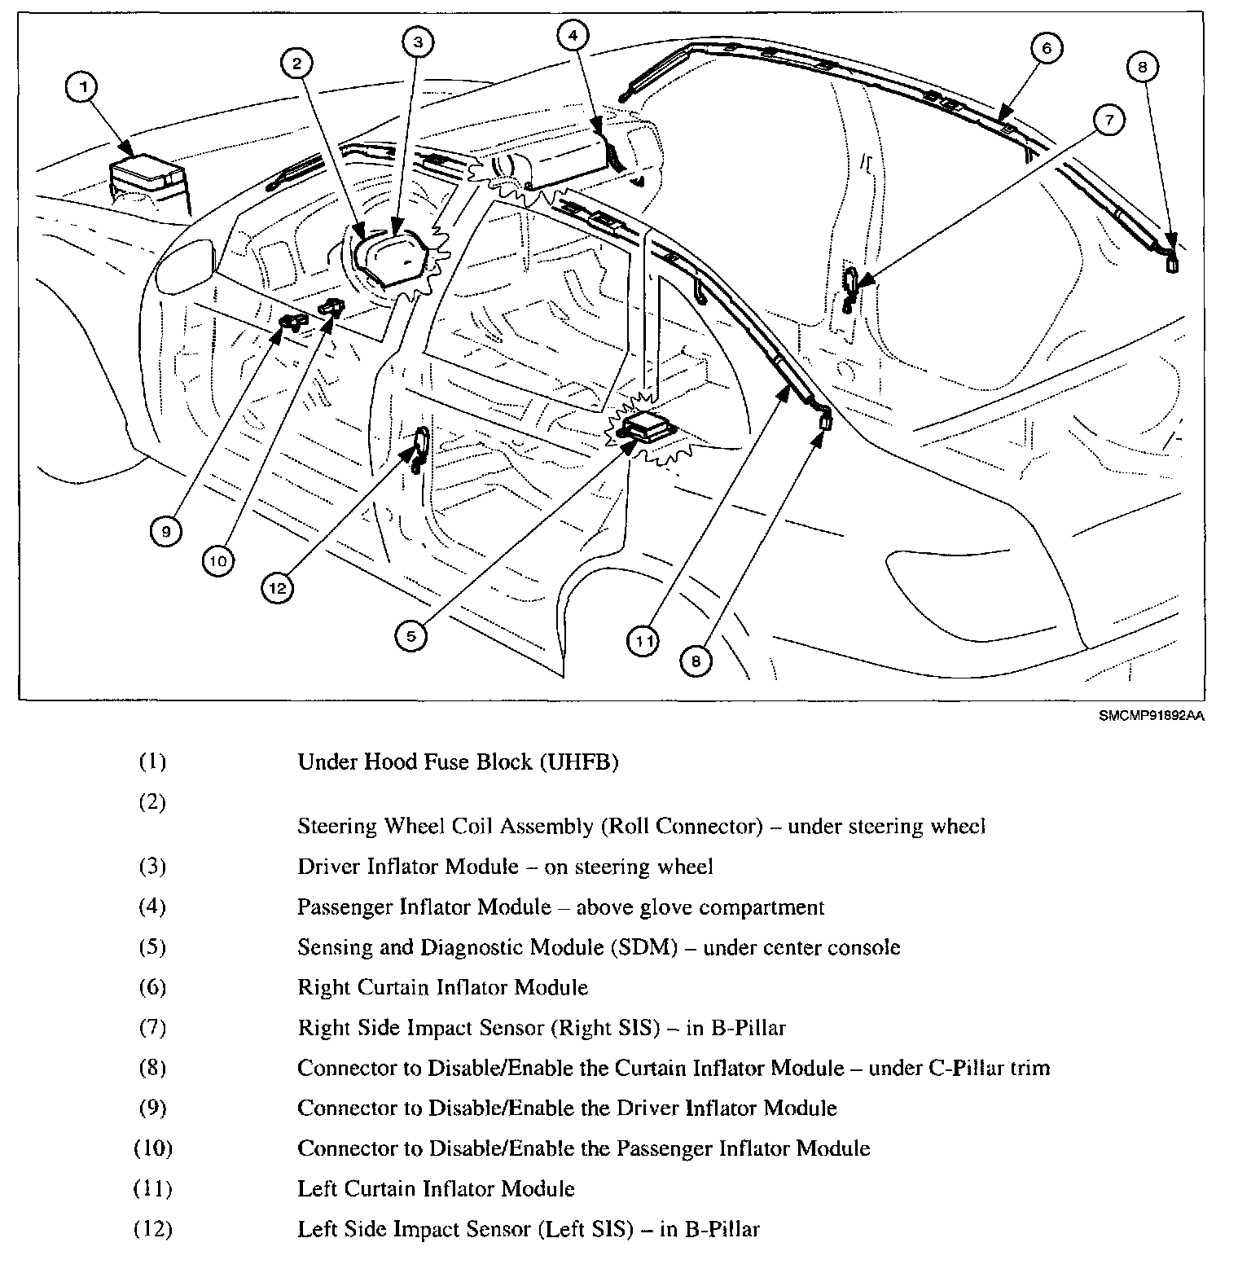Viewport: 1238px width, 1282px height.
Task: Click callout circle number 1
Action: [x=81, y=88]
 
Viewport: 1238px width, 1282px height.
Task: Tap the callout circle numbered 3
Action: [x=417, y=42]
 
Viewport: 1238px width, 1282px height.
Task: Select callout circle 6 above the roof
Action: [x=1047, y=49]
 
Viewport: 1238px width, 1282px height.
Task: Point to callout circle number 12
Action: [x=279, y=587]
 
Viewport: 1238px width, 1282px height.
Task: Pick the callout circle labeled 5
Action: [x=411, y=635]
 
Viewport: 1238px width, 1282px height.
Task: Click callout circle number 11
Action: [x=644, y=641]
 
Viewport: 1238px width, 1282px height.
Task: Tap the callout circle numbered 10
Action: [x=220, y=560]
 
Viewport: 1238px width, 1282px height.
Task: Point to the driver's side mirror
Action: [x=185, y=266]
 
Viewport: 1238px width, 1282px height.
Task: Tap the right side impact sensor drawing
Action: [x=849, y=289]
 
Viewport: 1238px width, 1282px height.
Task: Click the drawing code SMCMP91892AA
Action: [x=1150, y=716]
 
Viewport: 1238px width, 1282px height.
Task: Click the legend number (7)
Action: [x=152, y=1028]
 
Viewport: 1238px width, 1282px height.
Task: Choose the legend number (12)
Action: [x=152, y=1229]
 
